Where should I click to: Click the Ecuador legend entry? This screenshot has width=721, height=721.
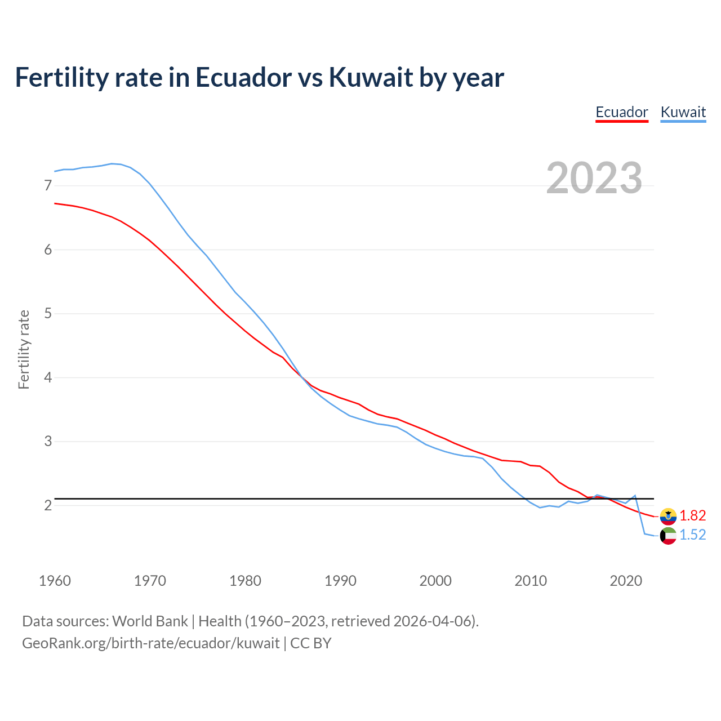(x=622, y=112)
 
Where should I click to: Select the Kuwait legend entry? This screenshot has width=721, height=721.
(x=683, y=112)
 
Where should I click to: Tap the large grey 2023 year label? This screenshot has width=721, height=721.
(x=594, y=178)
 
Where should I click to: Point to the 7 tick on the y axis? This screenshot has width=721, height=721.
(x=48, y=185)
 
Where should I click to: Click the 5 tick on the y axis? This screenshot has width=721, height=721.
(x=48, y=313)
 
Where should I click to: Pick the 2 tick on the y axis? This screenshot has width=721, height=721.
(x=48, y=505)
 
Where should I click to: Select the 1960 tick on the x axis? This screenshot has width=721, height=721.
(x=55, y=581)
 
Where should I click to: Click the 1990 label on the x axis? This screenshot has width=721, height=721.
(x=340, y=581)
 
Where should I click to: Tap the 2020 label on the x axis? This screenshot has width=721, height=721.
(x=626, y=581)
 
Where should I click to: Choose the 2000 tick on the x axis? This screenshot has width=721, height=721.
(x=435, y=581)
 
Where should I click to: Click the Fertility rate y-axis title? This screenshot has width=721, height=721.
(x=24, y=349)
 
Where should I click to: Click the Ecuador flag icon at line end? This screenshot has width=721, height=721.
(x=668, y=516)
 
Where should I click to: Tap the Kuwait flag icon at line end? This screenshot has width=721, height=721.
(x=668, y=536)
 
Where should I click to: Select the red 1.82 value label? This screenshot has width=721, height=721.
(x=692, y=515)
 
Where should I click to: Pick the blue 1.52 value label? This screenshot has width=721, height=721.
(x=692, y=535)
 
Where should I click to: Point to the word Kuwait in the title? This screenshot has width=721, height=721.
(x=371, y=77)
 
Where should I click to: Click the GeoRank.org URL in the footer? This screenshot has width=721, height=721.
(x=150, y=643)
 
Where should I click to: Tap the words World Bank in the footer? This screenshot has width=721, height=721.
(x=150, y=621)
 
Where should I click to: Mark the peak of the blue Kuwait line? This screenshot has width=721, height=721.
(x=112, y=163)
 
